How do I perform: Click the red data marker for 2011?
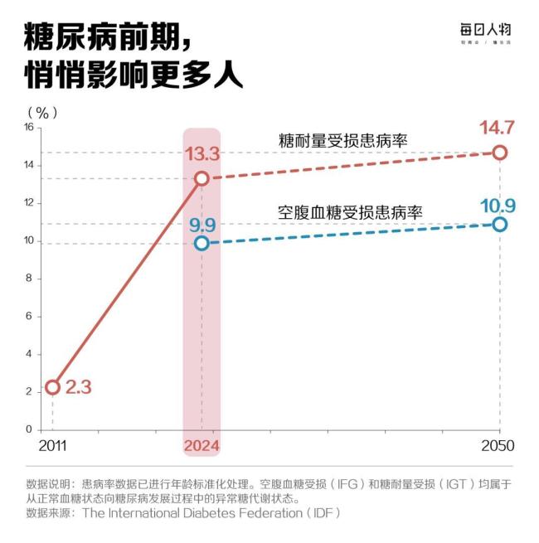52,387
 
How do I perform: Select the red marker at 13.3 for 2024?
202,178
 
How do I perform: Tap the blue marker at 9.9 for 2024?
202,243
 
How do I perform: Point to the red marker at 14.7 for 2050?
499,153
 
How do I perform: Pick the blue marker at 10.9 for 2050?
499,224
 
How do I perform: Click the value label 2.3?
80,387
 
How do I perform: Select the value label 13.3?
201,154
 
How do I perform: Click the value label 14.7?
498,128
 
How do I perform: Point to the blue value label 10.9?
498,204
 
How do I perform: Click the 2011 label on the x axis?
51,446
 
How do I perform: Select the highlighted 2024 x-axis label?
201,446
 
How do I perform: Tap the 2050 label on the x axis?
498,446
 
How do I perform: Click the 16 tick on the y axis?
27,128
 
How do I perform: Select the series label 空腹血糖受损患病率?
350,211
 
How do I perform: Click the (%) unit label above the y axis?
42,111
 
